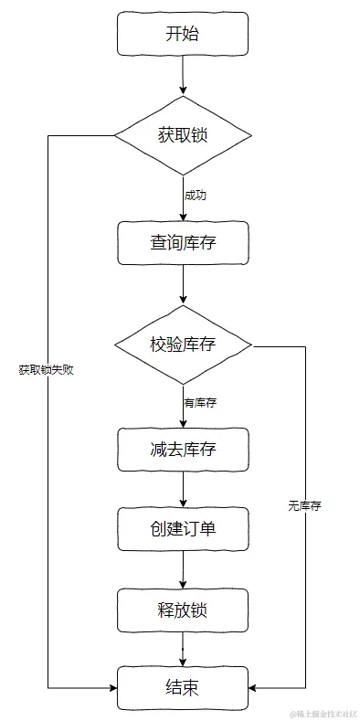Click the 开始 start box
183,34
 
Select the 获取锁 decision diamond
183,135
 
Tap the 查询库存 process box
183,243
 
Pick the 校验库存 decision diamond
183,345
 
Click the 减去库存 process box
183,450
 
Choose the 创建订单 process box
183,528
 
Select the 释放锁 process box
183,609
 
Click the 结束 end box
183,687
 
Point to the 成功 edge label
195,196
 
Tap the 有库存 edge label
199,402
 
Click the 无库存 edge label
304,505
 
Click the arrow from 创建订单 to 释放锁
183,568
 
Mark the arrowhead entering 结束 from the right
253,687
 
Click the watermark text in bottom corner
323,712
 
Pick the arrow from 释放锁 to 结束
183,648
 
